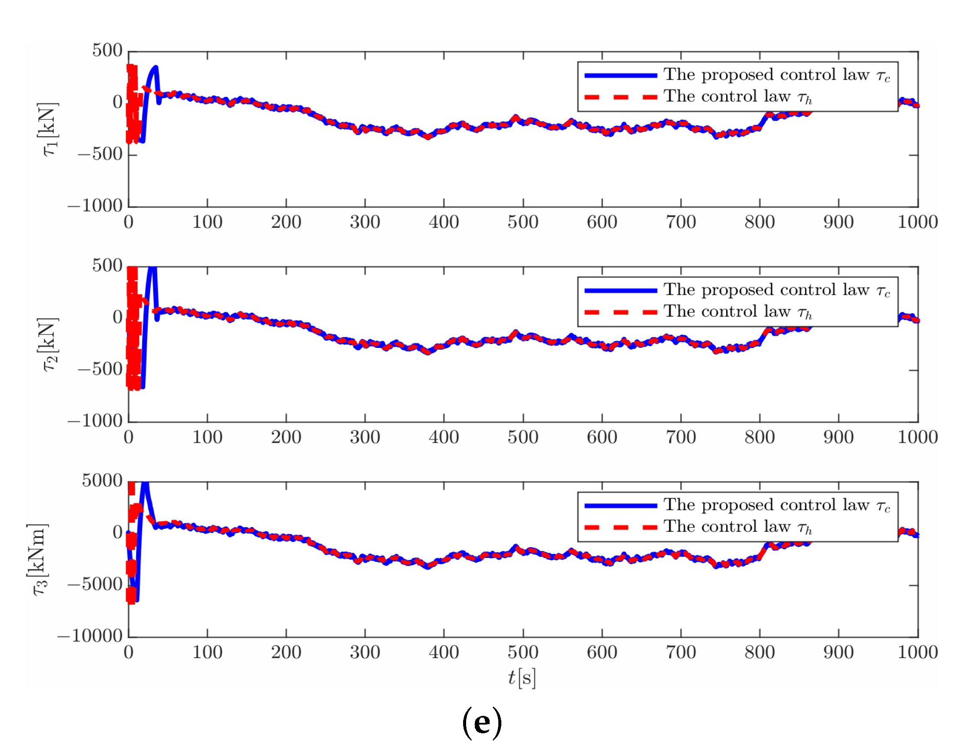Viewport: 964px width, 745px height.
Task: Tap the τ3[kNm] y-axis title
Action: tap(39, 560)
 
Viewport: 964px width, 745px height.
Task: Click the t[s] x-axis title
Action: tap(522, 678)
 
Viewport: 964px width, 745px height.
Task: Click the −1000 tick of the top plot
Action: tap(95, 206)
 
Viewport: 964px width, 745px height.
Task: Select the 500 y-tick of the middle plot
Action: tap(107, 266)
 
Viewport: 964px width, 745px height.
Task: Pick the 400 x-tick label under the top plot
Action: tap(444, 222)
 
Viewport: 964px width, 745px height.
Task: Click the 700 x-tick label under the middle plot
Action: tap(680, 438)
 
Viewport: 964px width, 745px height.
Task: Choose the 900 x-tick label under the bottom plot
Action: tap(838, 652)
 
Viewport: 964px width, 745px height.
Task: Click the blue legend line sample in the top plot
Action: tap(620, 76)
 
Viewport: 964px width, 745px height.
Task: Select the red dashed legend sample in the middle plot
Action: tap(620, 312)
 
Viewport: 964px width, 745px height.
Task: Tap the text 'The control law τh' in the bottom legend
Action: tap(737, 527)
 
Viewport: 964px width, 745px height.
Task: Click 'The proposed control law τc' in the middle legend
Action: tap(777, 290)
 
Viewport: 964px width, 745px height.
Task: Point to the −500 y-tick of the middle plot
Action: tap(100, 369)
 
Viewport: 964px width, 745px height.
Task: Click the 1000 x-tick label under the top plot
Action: tap(917, 222)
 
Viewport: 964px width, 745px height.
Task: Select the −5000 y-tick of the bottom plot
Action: tap(95, 585)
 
